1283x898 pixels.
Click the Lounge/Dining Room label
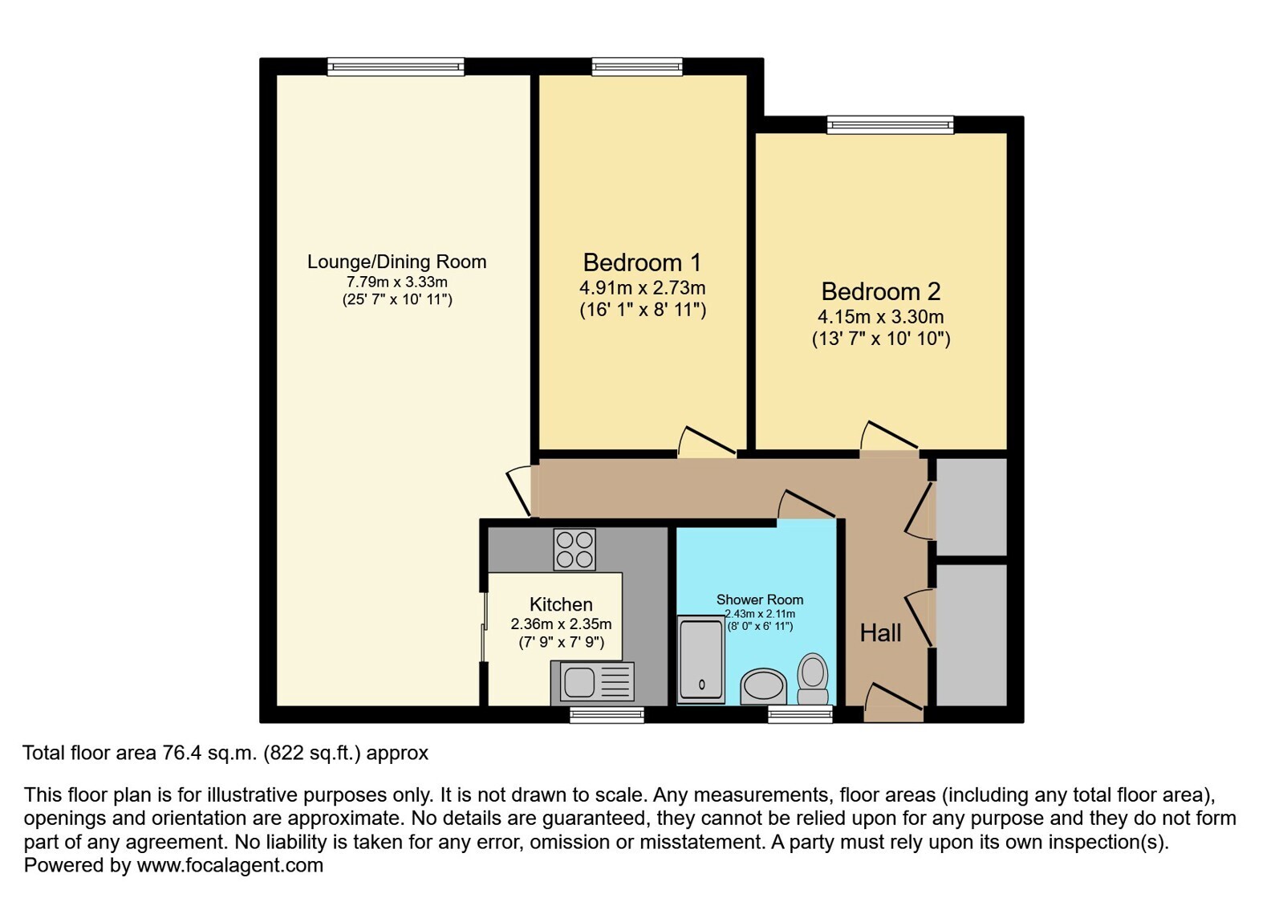397,262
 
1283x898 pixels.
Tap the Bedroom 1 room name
642,263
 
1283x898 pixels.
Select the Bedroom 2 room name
881,291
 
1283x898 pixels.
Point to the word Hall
880,633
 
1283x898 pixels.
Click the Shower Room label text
760,599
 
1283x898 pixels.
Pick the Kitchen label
561,604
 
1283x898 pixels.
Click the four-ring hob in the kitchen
575,550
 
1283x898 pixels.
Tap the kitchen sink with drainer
592,681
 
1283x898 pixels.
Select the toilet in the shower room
813,679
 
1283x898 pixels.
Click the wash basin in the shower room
764,687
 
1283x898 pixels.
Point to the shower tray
701,660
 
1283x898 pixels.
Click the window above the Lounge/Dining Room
396,67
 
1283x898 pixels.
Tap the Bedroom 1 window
637,67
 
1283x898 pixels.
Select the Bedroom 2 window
890,125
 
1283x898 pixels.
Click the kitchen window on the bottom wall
607,714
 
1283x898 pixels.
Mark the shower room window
800,714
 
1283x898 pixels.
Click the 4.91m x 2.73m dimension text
642,287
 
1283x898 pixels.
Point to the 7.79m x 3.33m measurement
397,282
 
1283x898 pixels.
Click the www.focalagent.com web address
229,865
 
